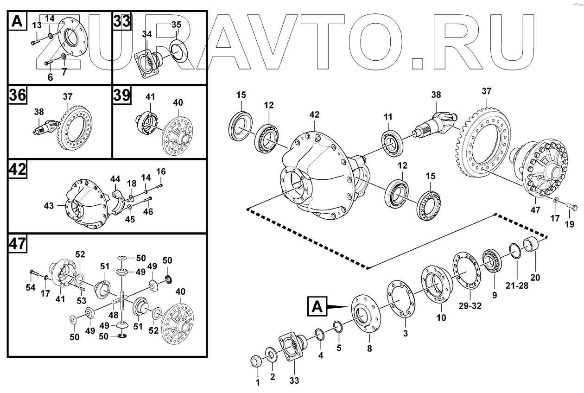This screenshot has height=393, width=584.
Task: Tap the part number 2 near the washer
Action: (273, 377)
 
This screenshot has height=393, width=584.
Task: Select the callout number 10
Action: (441, 317)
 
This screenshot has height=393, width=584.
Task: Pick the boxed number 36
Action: (18, 95)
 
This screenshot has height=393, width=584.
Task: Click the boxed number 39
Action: (122, 95)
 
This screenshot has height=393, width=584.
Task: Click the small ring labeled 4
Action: (319, 334)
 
